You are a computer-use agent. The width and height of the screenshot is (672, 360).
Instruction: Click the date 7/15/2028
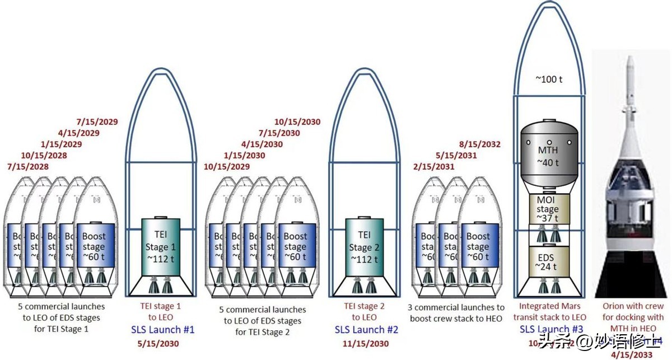tap(28, 167)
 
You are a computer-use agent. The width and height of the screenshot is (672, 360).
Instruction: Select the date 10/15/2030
tap(297, 122)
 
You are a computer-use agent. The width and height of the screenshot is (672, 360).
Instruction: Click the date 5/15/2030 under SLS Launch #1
tap(158, 343)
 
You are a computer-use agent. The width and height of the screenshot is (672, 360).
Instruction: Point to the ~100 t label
tap(549, 79)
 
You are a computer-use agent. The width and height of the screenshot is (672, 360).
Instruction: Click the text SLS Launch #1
tap(162, 330)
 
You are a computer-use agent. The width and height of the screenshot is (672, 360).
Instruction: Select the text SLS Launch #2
tap(366, 330)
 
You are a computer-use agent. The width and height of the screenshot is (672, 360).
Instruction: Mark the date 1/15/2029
tap(62, 144)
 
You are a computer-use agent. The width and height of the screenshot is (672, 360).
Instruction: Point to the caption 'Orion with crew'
tap(633, 306)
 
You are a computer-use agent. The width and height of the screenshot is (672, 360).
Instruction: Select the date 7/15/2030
tap(279, 133)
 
